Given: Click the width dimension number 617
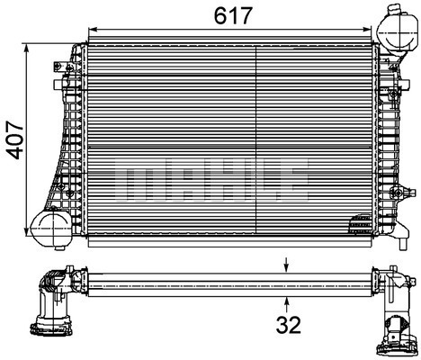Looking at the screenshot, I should click(231, 14).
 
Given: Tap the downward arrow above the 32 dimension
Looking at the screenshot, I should click(286, 265).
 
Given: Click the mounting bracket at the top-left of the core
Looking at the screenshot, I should click(64, 67).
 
